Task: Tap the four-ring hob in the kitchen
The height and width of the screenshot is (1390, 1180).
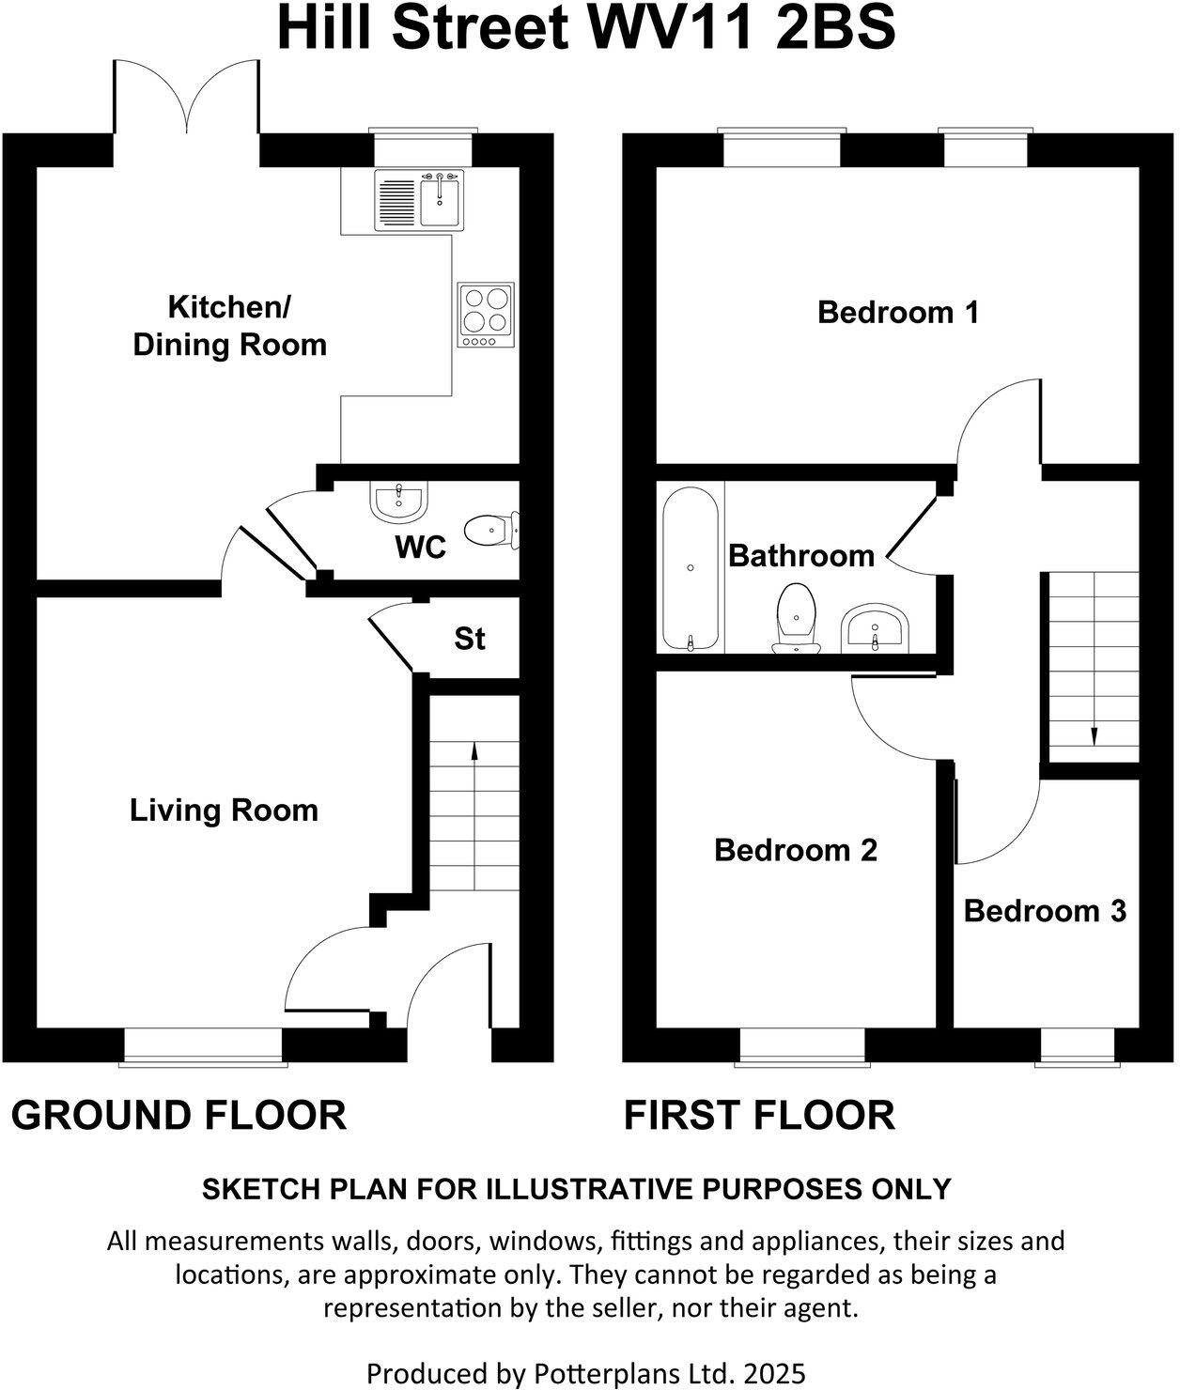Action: pos(486,314)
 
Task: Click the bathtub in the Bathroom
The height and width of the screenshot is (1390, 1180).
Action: pos(691,568)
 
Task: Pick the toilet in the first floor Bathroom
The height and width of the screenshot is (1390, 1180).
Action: pos(797,617)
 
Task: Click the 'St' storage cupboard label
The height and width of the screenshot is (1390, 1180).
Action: pos(470,639)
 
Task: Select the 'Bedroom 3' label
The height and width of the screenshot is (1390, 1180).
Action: pos(1045,910)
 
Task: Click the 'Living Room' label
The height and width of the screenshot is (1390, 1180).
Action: pos(224,810)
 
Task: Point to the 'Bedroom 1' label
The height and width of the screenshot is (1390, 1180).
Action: pos(898,311)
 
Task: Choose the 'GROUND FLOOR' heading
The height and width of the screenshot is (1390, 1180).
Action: pos(179,1115)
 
